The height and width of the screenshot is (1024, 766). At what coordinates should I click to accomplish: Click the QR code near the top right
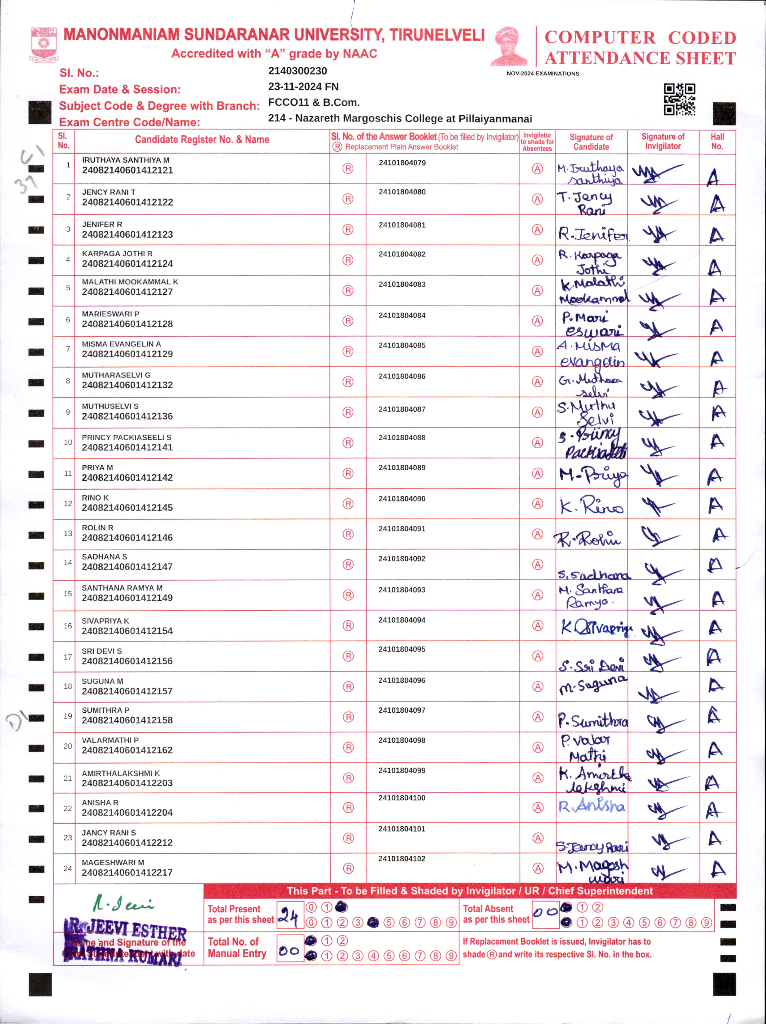pyautogui.click(x=679, y=99)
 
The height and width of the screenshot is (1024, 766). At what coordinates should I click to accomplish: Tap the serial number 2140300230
pyautogui.click(x=297, y=71)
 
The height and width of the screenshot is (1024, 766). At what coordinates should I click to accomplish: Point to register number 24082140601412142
pyautogui.click(x=127, y=477)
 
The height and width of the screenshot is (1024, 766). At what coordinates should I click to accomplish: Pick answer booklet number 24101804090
pyautogui.click(x=402, y=499)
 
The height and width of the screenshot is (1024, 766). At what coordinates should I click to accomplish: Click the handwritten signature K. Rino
pyautogui.click(x=592, y=506)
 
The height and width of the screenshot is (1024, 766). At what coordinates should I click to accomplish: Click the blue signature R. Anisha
pyautogui.click(x=592, y=806)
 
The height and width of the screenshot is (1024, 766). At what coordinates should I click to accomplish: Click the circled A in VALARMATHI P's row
pyautogui.click(x=537, y=747)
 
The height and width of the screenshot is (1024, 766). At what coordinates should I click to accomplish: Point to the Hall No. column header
pyautogui.click(x=717, y=141)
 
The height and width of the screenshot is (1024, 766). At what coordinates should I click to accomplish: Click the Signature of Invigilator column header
pyautogui.click(x=663, y=141)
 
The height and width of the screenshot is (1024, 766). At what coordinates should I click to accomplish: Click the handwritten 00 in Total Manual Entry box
pyautogui.click(x=289, y=951)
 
